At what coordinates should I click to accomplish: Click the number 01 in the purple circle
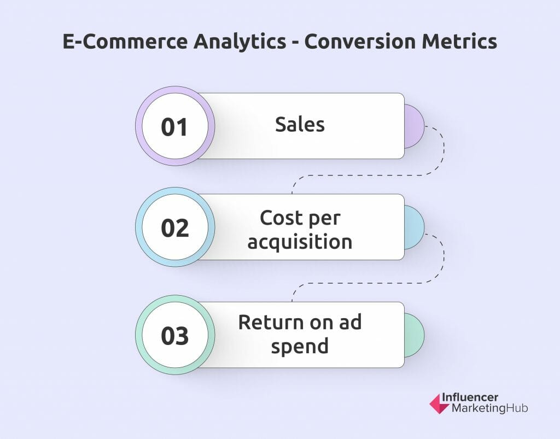click(x=174, y=127)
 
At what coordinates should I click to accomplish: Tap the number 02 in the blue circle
click(x=174, y=228)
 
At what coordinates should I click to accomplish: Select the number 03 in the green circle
click(x=174, y=336)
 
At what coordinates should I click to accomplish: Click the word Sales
click(x=300, y=125)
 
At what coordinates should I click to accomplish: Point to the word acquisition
click(x=300, y=242)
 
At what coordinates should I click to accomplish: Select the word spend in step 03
click(x=300, y=346)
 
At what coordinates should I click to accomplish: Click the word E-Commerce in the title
click(x=125, y=41)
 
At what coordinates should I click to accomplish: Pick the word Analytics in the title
click(x=240, y=42)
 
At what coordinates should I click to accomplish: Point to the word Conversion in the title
click(x=360, y=41)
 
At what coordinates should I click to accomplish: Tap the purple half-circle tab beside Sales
click(x=415, y=126)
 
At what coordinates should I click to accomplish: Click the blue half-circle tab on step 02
click(x=415, y=227)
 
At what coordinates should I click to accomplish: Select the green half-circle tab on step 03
click(x=415, y=335)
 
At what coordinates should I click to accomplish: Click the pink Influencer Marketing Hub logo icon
click(x=439, y=403)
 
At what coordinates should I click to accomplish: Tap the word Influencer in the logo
click(x=470, y=397)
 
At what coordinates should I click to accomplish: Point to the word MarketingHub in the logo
click(x=489, y=408)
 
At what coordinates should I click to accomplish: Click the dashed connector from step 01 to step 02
click(x=368, y=175)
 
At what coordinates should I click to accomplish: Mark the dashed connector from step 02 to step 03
click(x=368, y=283)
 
